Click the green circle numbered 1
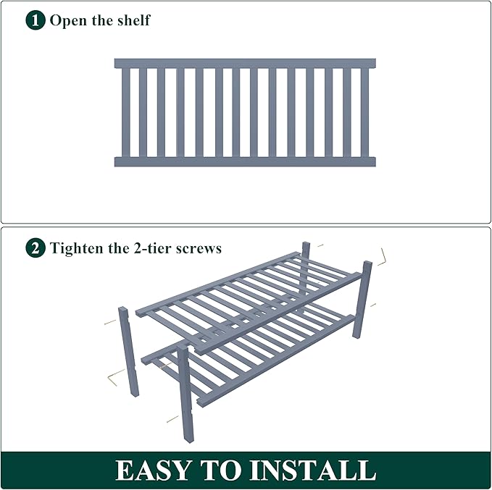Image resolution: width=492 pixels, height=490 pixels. (x=36, y=20)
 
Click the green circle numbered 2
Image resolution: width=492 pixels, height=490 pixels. (x=36, y=248)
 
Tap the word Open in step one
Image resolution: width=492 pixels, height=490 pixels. (x=68, y=20)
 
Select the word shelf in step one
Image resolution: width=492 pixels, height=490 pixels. (x=133, y=20)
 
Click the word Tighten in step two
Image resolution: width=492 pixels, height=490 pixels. (x=77, y=248)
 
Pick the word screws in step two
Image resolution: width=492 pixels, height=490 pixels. (x=201, y=248)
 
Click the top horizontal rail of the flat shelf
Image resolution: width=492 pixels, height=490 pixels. (x=245, y=64)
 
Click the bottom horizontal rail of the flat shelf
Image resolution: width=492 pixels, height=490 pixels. (x=245, y=161)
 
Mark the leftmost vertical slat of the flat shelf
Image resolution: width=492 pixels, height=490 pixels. (x=125, y=112)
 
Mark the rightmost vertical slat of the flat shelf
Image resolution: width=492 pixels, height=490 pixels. (x=364, y=112)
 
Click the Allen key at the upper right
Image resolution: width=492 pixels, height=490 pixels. (x=383, y=257)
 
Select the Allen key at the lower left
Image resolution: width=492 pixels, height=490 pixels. (x=114, y=379)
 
